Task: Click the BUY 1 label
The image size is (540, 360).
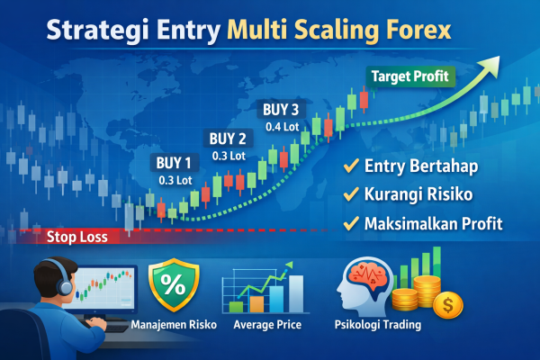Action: [175, 164]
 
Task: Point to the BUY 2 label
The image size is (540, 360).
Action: [227, 139]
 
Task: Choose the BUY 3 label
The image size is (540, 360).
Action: [281, 110]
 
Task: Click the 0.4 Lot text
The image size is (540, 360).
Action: [281, 126]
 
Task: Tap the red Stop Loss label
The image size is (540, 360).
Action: [76, 238]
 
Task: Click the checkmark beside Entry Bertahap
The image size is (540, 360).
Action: [349, 166]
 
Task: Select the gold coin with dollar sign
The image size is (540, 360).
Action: [446, 306]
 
